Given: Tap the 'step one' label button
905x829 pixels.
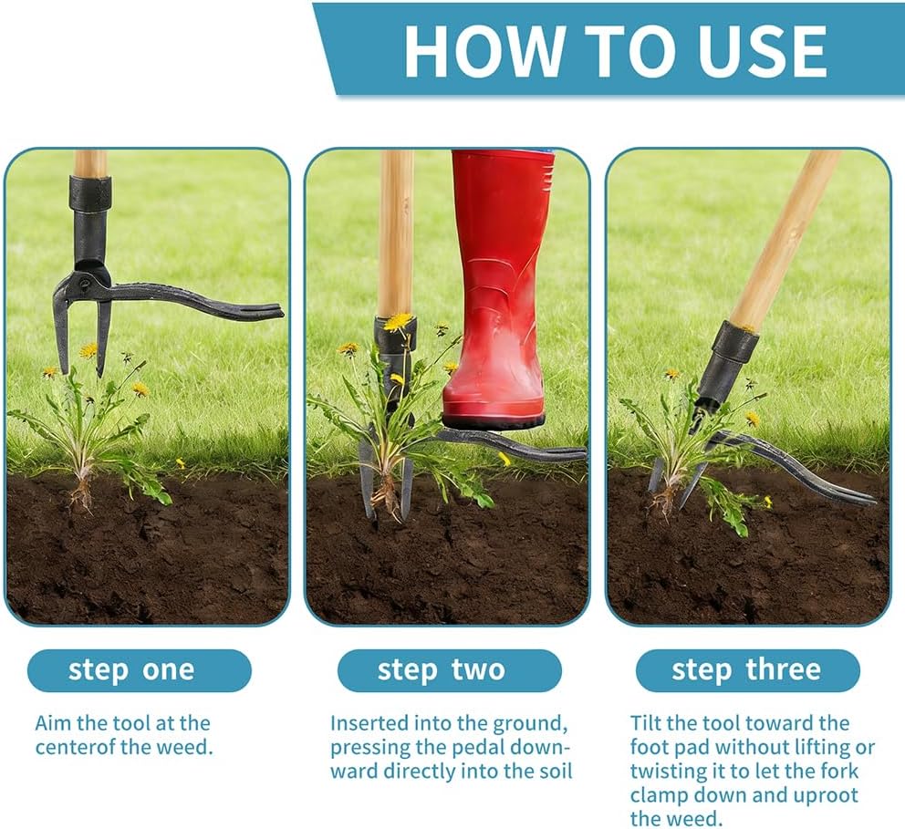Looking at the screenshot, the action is click(139, 670).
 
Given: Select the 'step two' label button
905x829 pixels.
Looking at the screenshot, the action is click(449, 670).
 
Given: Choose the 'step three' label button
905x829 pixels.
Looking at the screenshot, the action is click(747, 670).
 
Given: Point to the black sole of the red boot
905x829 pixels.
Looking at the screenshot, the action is click(494, 420).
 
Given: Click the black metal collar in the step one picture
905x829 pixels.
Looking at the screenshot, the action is click(90, 193).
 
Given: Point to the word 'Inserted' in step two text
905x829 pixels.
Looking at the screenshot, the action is click(370, 723).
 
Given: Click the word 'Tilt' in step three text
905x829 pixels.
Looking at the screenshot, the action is click(646, 723).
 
